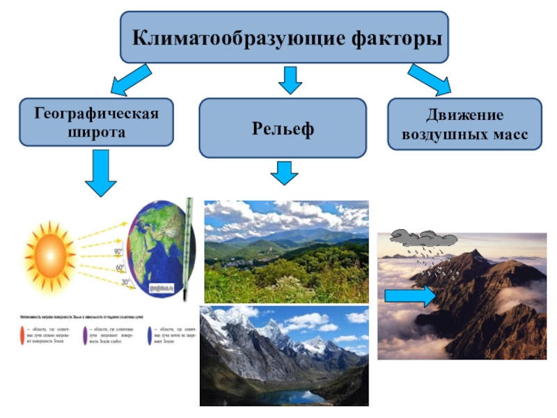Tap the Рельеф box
tap(283, 128)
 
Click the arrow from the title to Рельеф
tap(289, 79)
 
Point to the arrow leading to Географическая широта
tap(130, 79)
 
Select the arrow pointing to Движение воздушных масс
tap(429, 79)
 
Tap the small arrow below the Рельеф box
tap(283, 172)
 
